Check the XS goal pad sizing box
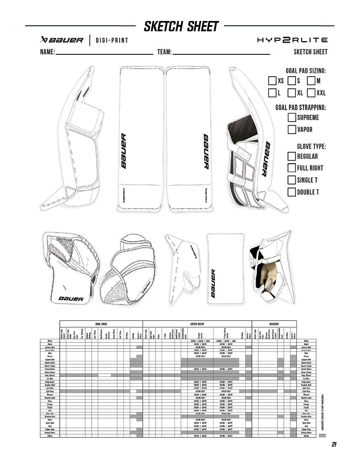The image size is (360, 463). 272,81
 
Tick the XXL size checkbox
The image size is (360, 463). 311,93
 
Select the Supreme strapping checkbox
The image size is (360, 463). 292,117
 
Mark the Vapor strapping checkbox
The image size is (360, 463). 292,130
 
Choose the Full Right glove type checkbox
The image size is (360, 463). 292,168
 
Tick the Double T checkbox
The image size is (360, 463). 292,192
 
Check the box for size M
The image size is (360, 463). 311,81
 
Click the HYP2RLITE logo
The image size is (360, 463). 292,40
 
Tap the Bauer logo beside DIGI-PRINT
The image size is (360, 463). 62,40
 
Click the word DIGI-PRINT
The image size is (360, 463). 112,40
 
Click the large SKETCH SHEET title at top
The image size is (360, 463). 181,27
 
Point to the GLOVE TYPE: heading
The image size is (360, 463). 311,147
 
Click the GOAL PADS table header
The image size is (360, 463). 101,324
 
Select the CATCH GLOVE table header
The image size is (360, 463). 197,324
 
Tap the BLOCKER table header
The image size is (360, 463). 274,324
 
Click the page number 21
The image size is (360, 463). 334,444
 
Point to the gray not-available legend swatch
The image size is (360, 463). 323,435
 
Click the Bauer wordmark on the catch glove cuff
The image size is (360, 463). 71,299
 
